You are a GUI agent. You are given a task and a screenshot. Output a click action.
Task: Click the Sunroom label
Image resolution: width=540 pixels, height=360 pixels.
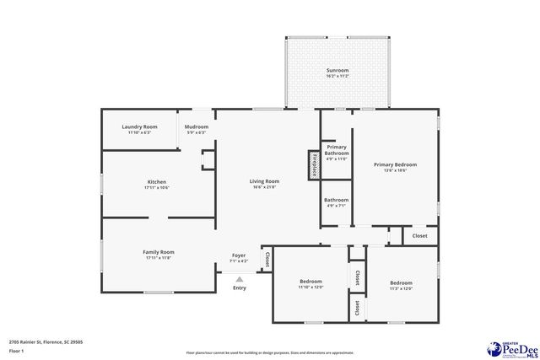(x=337, y=71)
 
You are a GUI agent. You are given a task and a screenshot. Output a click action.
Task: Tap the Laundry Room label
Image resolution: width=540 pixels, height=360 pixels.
(x=139, y=126)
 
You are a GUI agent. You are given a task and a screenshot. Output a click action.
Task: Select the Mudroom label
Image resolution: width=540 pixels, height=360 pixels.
(x=196, y=126)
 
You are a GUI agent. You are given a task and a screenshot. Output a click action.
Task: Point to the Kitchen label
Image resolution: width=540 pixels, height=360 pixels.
(x=157, y=181)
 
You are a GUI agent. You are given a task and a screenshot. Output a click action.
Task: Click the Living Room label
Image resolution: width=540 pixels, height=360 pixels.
(x=264, y=181)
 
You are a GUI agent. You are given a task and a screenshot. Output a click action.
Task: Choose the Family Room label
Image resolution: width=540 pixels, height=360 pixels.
(x=159, y=252)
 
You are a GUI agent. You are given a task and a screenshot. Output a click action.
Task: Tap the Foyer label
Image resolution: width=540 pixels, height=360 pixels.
(x=239, y=255)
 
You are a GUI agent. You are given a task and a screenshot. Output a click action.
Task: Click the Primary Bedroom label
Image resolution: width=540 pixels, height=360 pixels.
(x=396, y=164)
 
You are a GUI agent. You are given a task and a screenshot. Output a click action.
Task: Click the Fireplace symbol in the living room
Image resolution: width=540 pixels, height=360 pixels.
(x=314, y=164)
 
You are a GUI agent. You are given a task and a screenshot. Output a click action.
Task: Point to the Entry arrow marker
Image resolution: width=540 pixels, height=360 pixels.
(x=240, y=278)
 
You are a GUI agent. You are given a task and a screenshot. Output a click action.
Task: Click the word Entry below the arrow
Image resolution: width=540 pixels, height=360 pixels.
(x=240, y=288)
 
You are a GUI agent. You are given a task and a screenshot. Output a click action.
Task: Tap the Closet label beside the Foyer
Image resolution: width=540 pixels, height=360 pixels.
(x=267, y=260)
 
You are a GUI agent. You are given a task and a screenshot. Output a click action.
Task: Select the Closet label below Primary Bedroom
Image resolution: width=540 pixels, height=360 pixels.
(x=419, y=236)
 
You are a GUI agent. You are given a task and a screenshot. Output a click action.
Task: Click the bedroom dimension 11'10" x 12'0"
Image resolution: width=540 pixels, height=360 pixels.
(x=310, y=287)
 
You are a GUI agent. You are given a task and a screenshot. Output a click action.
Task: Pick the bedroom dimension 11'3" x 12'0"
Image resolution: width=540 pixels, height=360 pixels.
(x=401, y=288)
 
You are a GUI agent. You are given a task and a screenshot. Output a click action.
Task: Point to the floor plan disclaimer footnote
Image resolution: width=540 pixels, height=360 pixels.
(x=270, y=352)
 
